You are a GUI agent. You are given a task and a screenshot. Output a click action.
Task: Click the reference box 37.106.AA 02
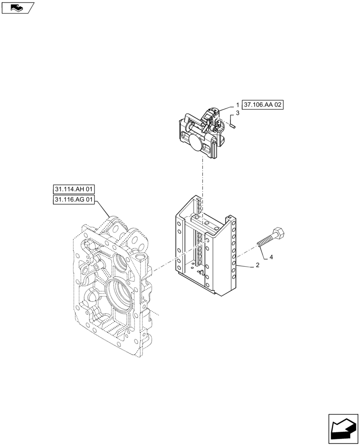click(x=263, y=105)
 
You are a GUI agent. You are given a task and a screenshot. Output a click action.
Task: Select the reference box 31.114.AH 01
click(x=74, y=190)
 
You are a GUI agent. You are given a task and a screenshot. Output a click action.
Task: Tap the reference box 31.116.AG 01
click(x=74, y=200)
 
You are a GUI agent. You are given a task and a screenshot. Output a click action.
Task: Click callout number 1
click(x=237, y=105)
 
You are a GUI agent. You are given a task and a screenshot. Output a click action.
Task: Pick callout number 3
click(x=237, y=114)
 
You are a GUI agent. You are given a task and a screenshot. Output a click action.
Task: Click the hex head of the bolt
click(x=280, y=233)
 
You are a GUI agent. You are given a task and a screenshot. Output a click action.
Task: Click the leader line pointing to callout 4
click(x=263, y=251)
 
